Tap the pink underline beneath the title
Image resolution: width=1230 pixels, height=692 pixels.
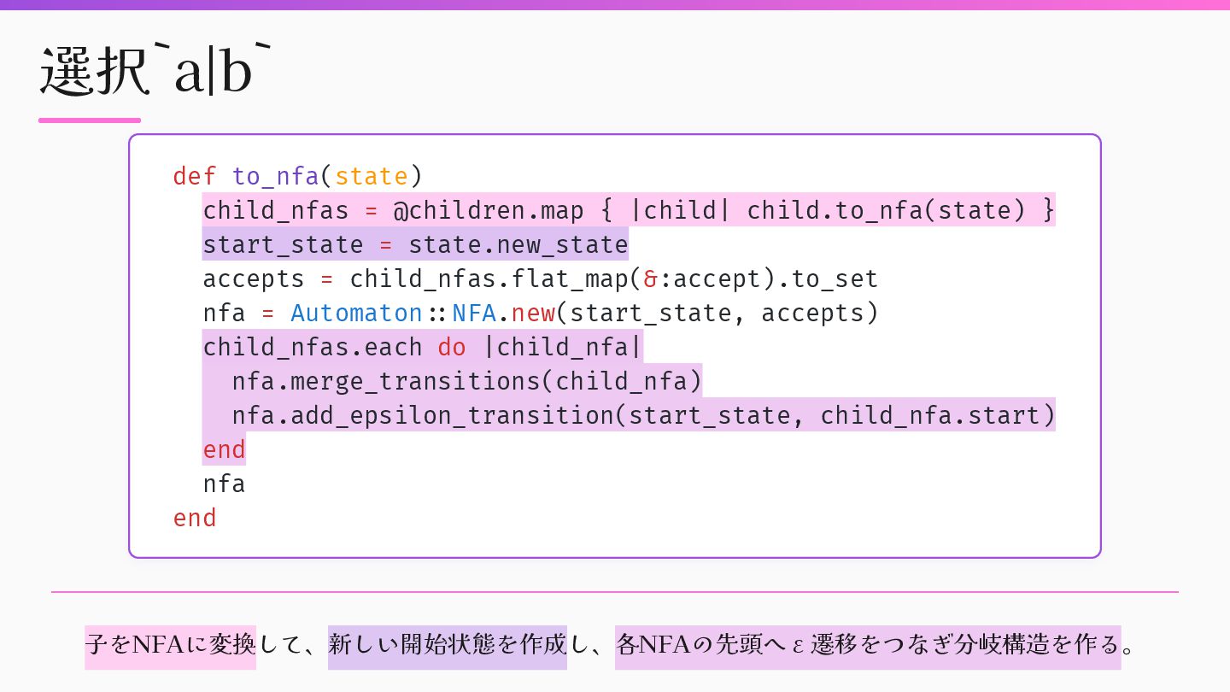click(x=90, y=120)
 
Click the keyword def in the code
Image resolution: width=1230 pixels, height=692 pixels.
click(x=194, y=176)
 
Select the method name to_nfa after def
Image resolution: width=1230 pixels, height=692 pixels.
click(x=275, y=176)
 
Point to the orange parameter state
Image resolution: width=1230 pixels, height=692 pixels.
click(x=371, y=176)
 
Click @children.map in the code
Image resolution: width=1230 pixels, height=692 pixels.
click(x=488, y=210)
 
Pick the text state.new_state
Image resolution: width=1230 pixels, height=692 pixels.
click(x=518, y=244)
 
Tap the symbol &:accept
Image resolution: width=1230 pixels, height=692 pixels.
click(x=700, y=279)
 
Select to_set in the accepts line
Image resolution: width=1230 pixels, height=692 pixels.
click(x=835, y=279)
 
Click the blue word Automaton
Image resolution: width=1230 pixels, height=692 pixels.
click(x=356, y=313)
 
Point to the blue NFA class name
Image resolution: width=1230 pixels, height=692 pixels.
click(x=473, y=313)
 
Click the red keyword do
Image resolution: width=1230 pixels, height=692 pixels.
click(x=452, y=347)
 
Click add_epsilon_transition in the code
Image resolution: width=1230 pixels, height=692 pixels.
click(x=452, y=415)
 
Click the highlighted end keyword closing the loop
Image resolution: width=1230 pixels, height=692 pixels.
click(x=224, y=449)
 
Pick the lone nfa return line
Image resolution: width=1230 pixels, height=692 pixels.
click(x=224, y=484)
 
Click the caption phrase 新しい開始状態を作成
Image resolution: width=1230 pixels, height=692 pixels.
click(x=447, y=643)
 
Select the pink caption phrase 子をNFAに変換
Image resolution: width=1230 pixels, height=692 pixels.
click(x=170, y=643)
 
